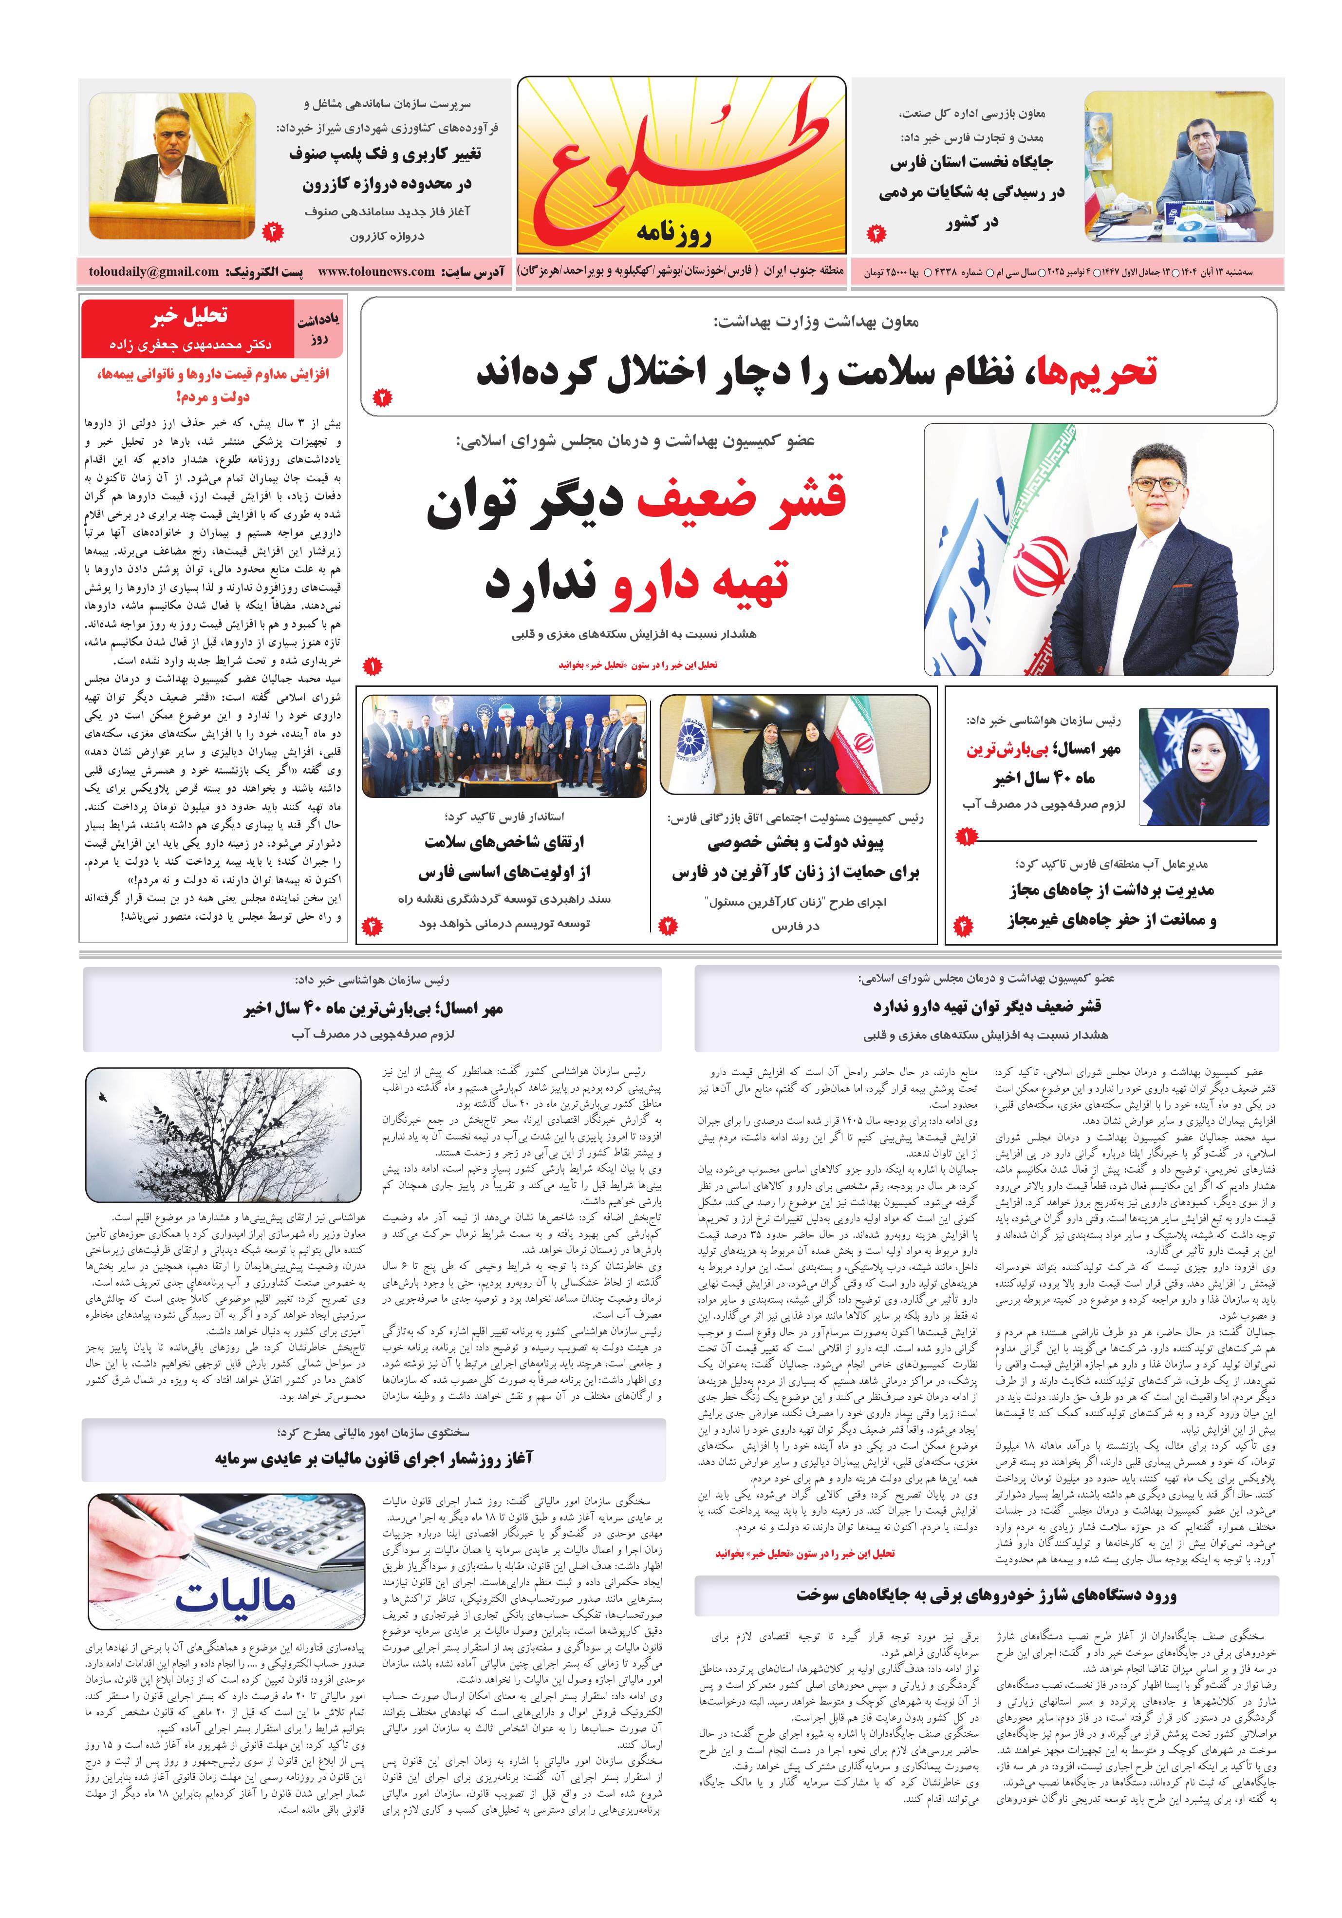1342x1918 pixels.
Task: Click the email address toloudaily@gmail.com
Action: tap(154, 271)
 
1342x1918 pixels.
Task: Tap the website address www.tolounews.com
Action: tap(376, 271)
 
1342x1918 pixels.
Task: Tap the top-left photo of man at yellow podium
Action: tap(172, 166)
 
